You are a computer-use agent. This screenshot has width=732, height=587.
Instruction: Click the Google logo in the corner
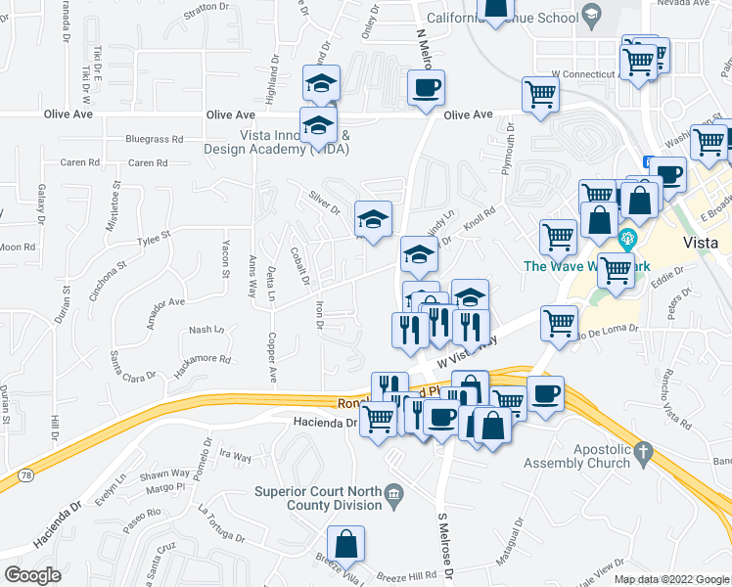pos(33,575)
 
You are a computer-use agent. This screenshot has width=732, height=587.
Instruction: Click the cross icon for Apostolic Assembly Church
pos(642,452)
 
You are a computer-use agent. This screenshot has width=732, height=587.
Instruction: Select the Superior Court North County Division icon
pos(393,493)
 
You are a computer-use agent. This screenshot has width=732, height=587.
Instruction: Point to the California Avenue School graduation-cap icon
pos(590,15)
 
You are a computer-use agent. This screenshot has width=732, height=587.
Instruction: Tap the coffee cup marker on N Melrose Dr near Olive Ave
pos(426,88)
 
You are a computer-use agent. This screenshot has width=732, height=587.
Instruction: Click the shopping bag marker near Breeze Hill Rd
pos(346,544)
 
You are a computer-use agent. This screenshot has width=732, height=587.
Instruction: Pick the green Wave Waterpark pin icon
pos(628,238)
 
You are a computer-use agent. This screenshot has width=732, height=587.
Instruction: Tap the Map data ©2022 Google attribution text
pos(671,579)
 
